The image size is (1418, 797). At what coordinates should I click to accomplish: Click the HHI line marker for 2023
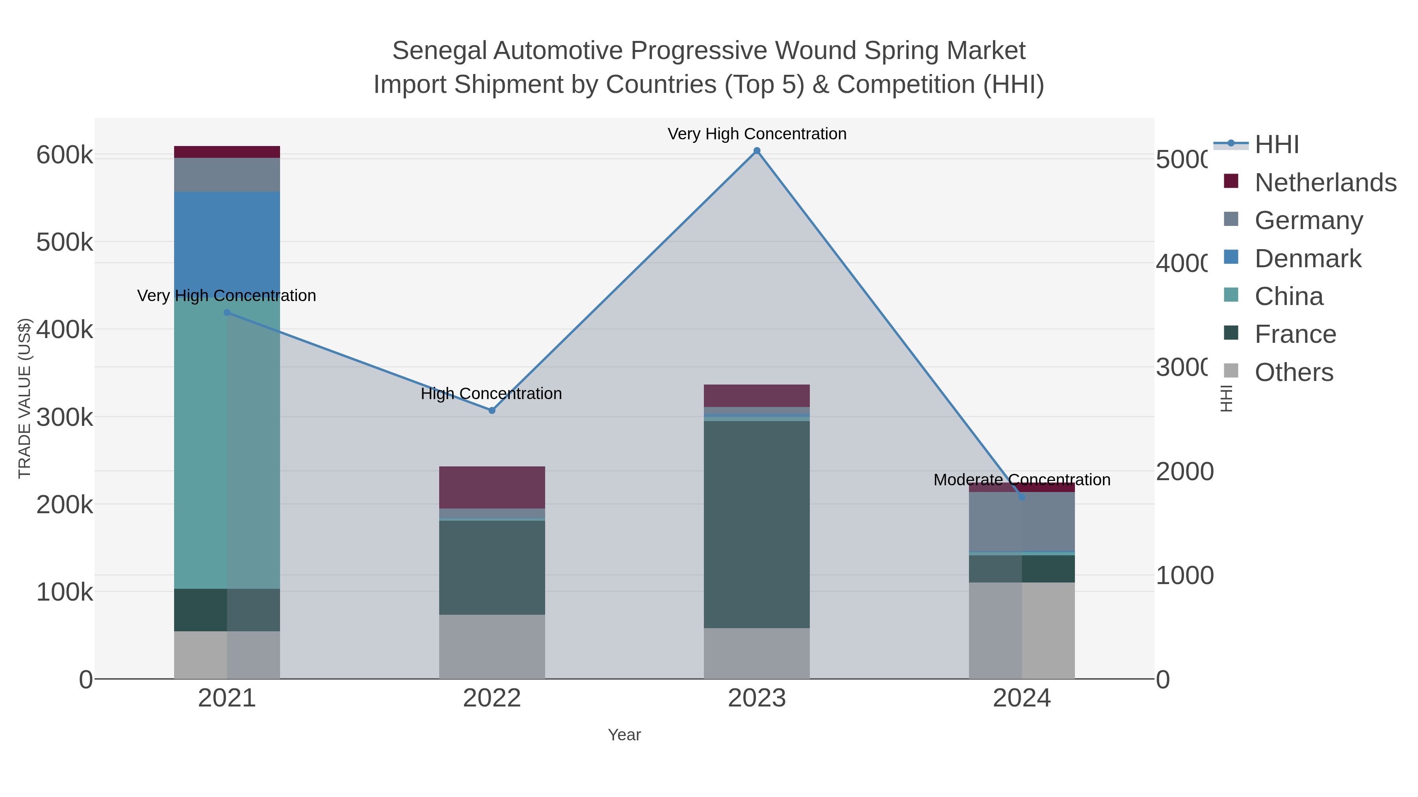click(757, 151)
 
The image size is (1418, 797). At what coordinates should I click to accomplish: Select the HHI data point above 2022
click(492, 411)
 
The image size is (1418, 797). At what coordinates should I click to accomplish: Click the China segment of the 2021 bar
click(227, 440)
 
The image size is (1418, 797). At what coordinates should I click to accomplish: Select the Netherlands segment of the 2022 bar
click(492, 487)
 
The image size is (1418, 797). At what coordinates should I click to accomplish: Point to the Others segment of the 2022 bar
click(492, 646)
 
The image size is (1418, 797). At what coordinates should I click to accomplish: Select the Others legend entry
click(1294, 372)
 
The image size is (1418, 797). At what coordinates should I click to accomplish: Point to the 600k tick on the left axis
click(65, 155)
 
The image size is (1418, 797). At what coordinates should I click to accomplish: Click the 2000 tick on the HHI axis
click(1184, 472)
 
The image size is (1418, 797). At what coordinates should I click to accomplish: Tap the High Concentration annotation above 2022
click(491, 394)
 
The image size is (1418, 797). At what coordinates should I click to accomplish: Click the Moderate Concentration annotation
click(1022, 480)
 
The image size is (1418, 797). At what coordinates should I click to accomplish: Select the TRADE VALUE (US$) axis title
click(25, 398)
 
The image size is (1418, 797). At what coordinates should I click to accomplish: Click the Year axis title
click(624, 735)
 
